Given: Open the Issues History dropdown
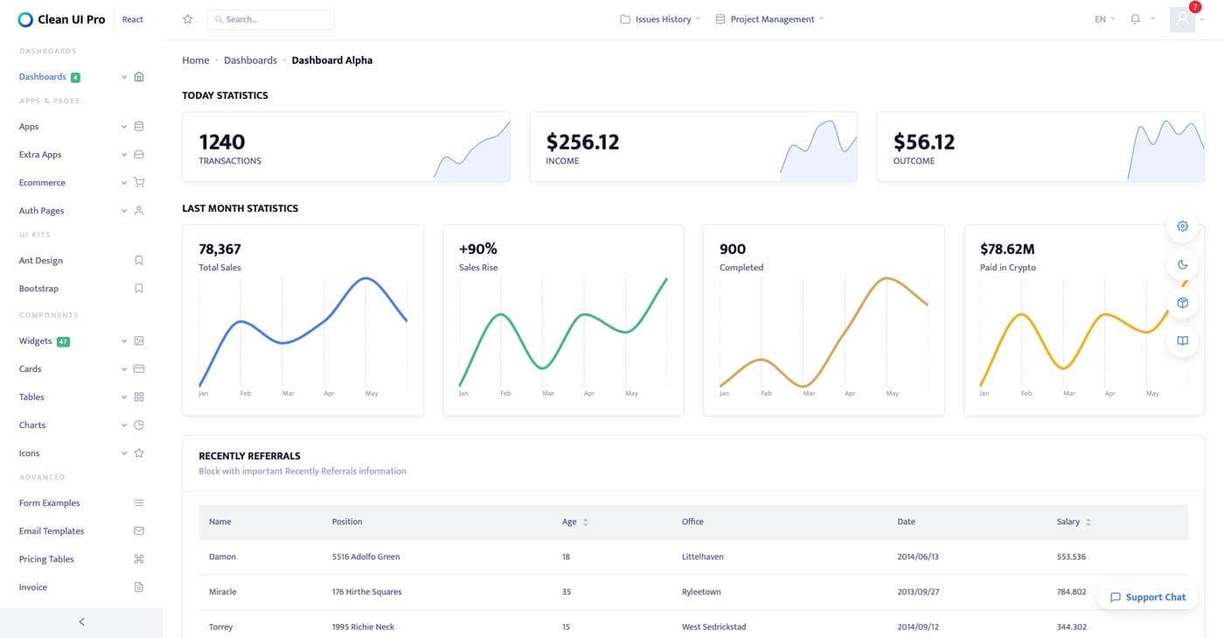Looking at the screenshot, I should pos(661,19).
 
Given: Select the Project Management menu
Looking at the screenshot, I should pos(770,19).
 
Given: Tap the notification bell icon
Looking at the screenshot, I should pos(1135,19).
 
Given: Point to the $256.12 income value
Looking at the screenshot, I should pos(582,142).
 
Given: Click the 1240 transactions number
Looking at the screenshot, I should pos(222,142).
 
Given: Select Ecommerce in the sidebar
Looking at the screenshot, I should pos(42,183).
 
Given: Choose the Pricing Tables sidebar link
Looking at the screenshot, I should pos(46,559).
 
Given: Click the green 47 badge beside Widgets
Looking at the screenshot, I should pos(63,341).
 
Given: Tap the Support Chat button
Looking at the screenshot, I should pos(1148,597).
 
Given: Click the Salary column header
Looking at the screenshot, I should pos(1068,522).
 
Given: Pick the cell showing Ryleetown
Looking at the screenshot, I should pos(701,592).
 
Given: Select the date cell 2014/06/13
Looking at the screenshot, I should pos(918,557).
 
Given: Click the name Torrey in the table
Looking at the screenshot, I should pos(220,627).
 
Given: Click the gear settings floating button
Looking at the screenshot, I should pos(1182,226).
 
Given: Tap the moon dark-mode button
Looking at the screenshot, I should pos(1182,264).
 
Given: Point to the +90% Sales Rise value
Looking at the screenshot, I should pos(477,249).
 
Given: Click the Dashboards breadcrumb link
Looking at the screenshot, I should pos(250,60).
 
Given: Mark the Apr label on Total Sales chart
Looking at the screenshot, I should pos(329,394).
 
